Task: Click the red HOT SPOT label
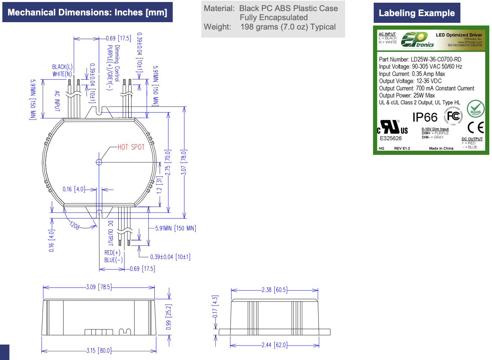pos(131,147)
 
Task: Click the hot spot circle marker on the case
pos(99,162)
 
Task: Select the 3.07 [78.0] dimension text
pos(183,162)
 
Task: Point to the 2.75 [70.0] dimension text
pos(168,163)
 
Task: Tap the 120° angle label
pos(75,225)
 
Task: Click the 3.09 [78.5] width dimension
pos(99,287)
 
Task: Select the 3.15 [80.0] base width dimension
pos(99,351)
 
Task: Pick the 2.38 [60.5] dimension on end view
pos(274,290)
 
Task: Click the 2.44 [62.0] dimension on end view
pos(274,345)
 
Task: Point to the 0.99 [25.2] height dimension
pos(169,317)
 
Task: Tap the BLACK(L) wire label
pos(62,67)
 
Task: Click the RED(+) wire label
pos(112,253)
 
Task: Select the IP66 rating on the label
pos(425,118)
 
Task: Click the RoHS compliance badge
pos(475,109)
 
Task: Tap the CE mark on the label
pos(476,128)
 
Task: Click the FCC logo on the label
pos(453,116)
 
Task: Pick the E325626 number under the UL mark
pos(391,138)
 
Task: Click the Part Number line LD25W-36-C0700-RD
pos(420,59)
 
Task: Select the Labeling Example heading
pos(417,13)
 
